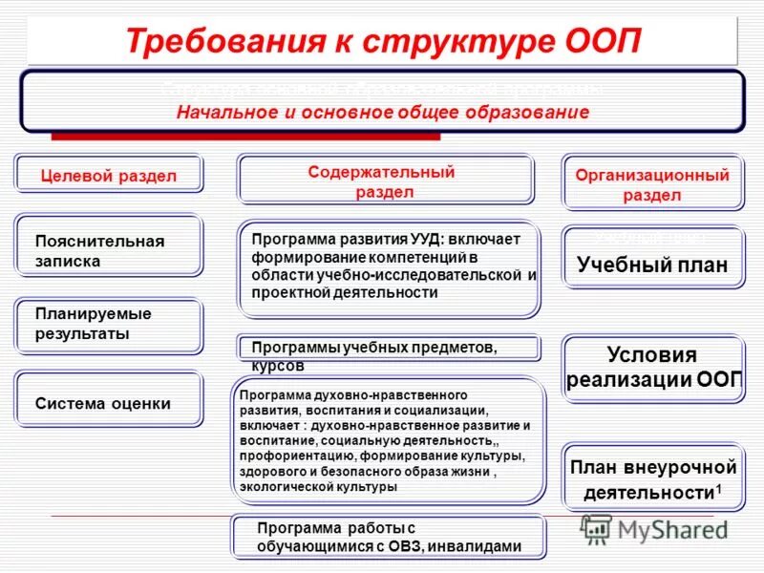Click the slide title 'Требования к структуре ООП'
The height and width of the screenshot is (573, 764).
[x=382, y=42]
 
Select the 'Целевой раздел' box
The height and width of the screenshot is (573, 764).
[x=108, y=175]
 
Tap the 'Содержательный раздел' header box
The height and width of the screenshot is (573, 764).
[x=385, y=181]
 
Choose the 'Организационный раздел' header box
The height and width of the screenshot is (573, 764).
[x=652, y=184]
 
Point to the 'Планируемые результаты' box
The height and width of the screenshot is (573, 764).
[x=108, y=325]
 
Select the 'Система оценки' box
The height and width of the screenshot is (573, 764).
[x=108, y=404]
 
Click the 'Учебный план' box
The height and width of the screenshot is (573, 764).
[x=652, y=265]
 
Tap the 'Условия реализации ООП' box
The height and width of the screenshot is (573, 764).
[x=652, y=368]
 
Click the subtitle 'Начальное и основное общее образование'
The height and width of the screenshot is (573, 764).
[x=382, y=112]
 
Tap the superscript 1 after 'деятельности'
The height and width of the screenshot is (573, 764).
[x=718, y=488]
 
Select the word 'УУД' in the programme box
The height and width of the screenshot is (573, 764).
[x=422, y=240]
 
